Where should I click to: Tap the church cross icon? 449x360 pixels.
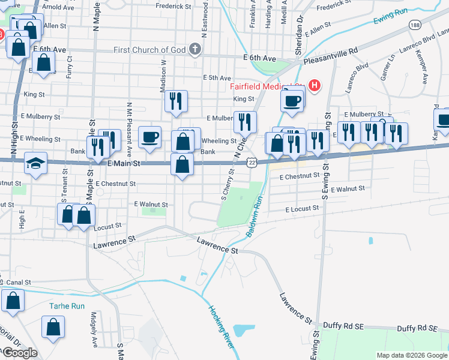[x=194, y=49]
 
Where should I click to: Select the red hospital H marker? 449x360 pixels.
[x=313, y=86]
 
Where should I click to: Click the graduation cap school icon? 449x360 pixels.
[x=35, y=163]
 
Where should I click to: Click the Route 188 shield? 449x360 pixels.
[x=414, y=25]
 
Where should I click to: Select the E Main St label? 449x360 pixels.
[x=124, y=163]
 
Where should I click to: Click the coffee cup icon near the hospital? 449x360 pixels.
[x=292, y=100]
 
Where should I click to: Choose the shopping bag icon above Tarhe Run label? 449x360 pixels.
[x=13, y=301]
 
